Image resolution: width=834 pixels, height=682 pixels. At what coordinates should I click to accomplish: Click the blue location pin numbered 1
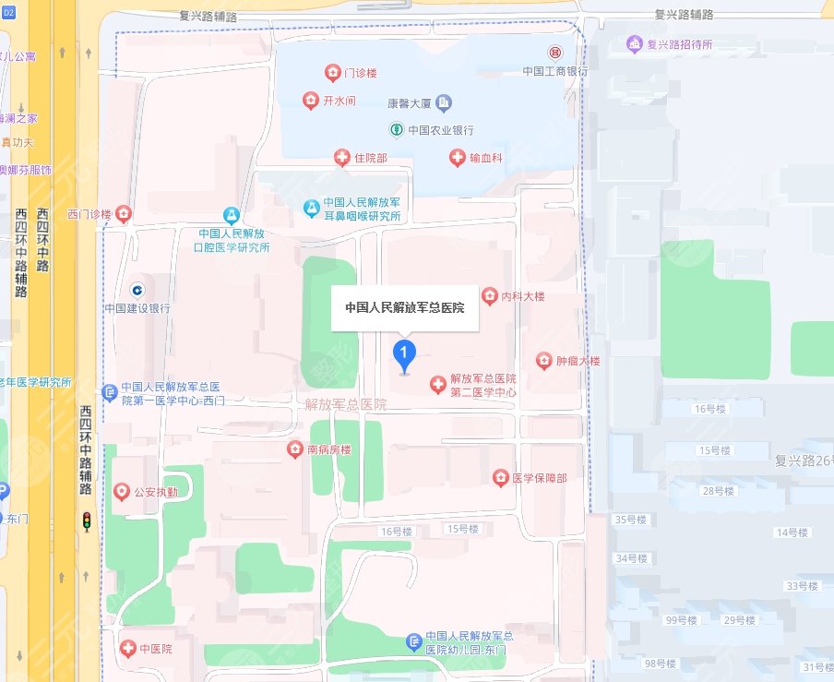pos(404,353)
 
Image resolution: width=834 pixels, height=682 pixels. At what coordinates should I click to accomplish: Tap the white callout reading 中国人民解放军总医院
pos(404,307)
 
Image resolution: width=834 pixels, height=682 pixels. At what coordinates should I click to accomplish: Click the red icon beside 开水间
pos(311,100)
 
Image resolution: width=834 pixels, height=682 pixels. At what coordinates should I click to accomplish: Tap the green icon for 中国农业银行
pos(396,129)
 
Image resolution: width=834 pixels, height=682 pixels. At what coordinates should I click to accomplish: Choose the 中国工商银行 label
pos(554,70)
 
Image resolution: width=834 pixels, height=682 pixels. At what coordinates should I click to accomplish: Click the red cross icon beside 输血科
pos(457,158)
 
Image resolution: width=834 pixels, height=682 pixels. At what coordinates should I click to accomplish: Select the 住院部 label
pos(370,159)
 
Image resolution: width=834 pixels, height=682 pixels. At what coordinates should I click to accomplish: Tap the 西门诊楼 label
pos(89,215)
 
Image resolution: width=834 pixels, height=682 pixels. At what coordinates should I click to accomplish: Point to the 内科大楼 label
pos(523,296)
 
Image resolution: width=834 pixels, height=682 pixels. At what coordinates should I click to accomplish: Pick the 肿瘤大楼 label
pos(578,361)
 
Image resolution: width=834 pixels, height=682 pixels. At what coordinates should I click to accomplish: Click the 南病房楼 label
pos(329,450)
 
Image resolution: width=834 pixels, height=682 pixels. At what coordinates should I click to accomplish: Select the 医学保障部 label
pos(539,478)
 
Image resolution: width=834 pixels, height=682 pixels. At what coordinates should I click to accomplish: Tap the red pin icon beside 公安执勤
pos(121,492)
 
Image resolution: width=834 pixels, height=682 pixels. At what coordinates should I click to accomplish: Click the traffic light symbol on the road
pos(87,521)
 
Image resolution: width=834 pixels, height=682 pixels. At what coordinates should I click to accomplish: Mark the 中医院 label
pos(156,648)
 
